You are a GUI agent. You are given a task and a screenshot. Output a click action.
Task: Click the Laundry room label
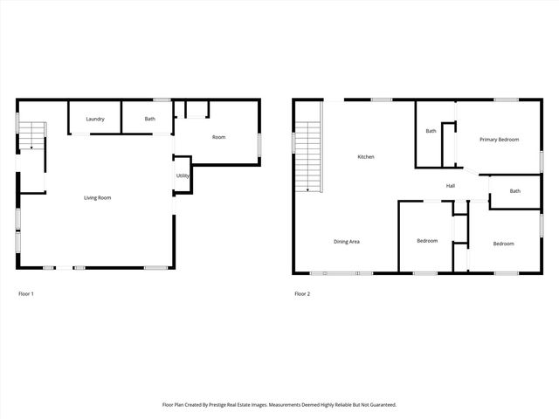95,119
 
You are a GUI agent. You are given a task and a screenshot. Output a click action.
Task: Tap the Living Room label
97,197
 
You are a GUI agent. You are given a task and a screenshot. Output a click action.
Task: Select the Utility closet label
183,175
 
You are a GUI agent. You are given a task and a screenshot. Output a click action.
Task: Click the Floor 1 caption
26,293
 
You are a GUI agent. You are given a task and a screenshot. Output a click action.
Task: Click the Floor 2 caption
302,293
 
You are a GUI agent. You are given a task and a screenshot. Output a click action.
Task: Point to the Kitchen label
366,157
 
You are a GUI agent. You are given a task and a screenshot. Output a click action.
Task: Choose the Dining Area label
347,241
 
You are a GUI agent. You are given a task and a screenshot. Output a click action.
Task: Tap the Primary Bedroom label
499,140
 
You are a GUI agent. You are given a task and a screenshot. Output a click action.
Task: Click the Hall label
451,186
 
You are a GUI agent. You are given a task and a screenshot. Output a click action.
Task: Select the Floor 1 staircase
32,136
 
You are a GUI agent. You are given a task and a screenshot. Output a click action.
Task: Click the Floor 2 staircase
309,157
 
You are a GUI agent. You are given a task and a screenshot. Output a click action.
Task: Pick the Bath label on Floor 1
150,119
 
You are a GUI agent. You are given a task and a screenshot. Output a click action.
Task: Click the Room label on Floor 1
218,137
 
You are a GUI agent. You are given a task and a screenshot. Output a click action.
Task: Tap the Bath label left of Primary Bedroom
431,132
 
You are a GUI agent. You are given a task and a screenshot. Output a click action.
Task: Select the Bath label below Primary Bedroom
515,191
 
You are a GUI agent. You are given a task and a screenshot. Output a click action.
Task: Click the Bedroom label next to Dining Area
427,241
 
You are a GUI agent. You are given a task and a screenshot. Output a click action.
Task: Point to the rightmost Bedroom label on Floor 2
503,244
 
